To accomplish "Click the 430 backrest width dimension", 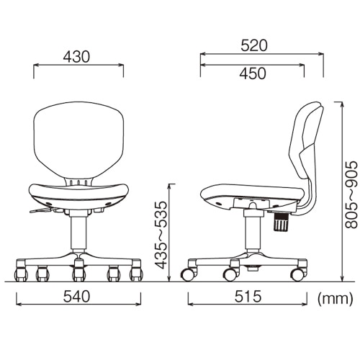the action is pyautogui.click(x=76, y=57).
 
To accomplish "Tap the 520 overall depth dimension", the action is pyautogui.click(x=254, y=46).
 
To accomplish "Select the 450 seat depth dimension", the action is pyautogui.click(x=253, y=73).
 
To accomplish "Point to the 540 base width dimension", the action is pyautogui.click(x=76, y=296).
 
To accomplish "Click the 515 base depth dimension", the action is pyautogui.click(x=248, y=296).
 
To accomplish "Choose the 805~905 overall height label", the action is pyautogui.click(x=351, y=194).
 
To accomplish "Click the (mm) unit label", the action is pyautogui.click(x=336, y=299).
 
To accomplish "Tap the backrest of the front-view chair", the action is pyautogui.click(x=78, y=140).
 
